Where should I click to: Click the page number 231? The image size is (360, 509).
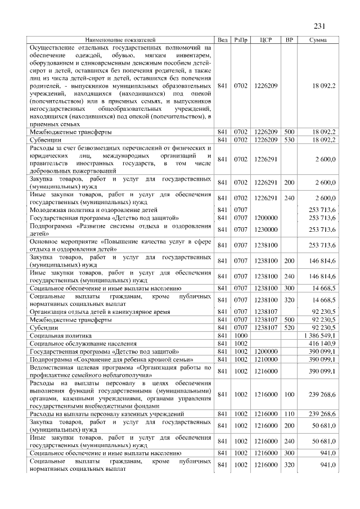319,26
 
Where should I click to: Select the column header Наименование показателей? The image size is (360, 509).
120,40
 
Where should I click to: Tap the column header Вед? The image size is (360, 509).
223,40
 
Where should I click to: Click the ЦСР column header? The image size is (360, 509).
266,40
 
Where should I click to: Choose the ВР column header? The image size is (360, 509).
289,40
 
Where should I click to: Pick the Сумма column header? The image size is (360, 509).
318,40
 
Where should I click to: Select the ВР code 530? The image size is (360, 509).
289,139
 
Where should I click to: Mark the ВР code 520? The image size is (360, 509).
289,327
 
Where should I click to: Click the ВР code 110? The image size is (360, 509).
289,414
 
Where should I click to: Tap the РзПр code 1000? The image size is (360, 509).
241,335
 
